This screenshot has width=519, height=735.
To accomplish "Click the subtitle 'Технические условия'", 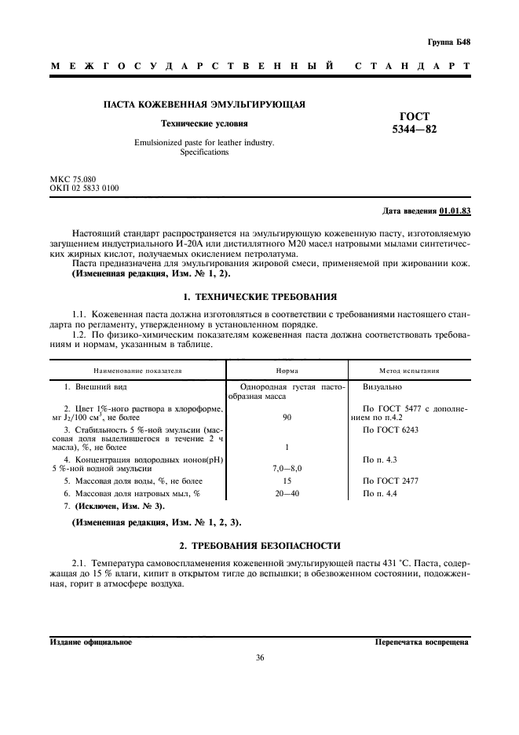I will (x=204, y=123).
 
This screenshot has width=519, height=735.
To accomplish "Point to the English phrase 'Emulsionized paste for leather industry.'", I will (x=204, y=143).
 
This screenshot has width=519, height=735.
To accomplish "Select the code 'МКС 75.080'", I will (x=73, y=180).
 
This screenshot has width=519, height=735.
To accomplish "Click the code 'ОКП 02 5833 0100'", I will (x=85, y=188).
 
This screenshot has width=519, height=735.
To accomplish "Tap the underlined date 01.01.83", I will (x=455, y=211).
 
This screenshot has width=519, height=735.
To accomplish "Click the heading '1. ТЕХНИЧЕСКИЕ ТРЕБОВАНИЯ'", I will (x=259, y=297).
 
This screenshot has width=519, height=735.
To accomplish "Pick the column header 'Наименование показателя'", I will (x=137, y=370).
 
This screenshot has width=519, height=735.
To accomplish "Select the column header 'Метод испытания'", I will (x=409, y=370).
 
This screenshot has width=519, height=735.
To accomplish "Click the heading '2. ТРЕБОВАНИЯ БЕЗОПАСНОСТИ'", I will (x=259, y=544).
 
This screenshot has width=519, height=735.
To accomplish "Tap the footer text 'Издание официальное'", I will (x=90, y=642).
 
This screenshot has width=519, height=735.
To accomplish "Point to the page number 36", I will (x=259, y=658).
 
